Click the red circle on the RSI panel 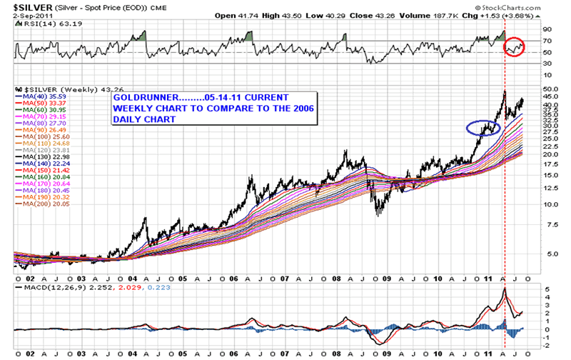pyautogui.click(x=515, y=47)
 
